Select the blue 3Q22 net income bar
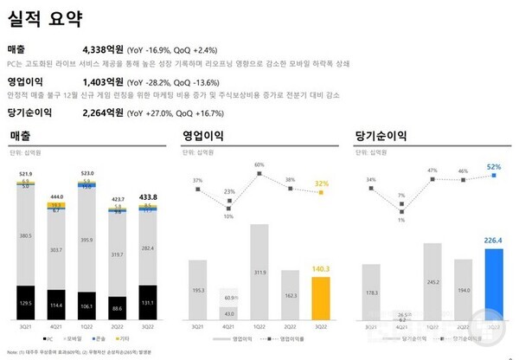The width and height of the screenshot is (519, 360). coord(494,283)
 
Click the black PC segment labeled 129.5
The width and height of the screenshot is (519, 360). coord(26,304)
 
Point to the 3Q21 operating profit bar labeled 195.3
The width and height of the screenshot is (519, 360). coord(199,290)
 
